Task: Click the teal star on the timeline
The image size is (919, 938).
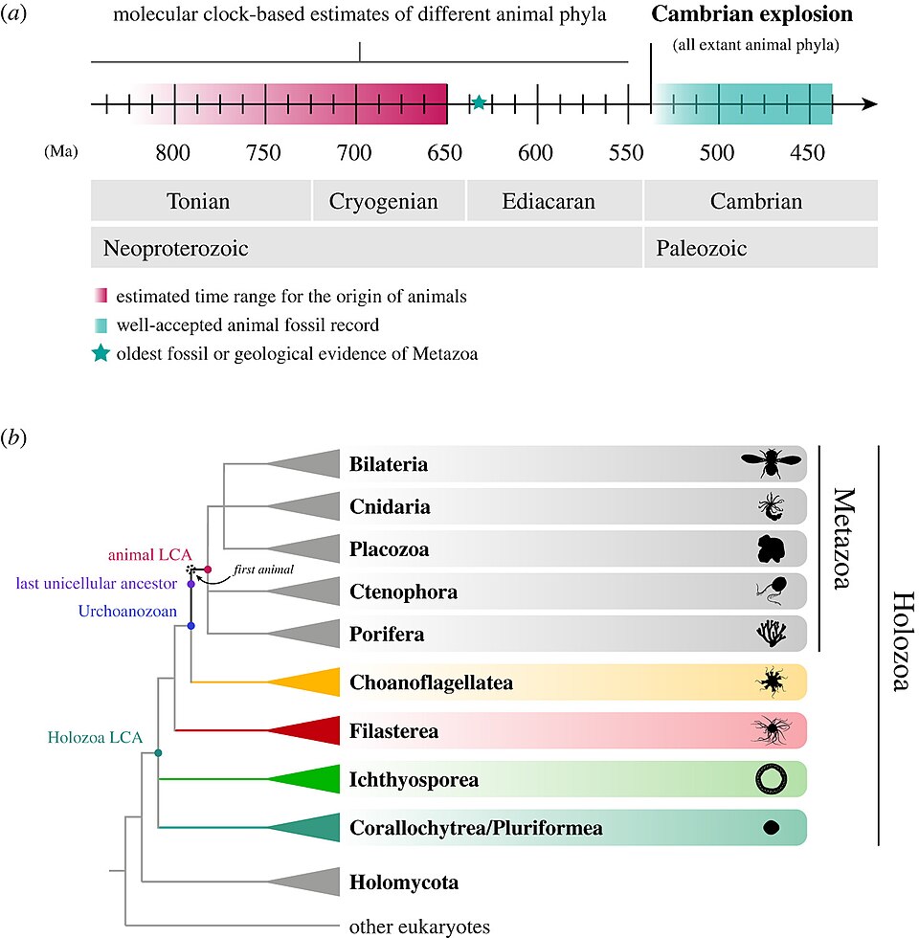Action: (479, 102)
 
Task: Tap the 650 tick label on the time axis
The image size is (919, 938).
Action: (445, 152)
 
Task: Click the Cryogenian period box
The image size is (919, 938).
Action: (384, 202)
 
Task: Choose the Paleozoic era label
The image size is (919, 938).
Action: (702, 249)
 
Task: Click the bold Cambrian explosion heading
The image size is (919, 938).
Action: (751, 15)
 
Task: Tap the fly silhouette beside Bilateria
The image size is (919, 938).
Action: (771, 464)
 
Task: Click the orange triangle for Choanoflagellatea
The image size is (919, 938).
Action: (311, 681)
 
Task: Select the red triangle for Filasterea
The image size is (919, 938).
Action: (311, 730)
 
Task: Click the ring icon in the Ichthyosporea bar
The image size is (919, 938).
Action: (770, 780)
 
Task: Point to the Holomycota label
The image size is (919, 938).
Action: (403, 882)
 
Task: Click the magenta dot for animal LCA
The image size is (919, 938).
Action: (208, 569)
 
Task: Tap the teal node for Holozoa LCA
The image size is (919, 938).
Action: (158, 754)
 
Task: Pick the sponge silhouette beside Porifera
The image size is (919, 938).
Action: (769, 634)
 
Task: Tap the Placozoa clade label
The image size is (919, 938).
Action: (389, 549)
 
